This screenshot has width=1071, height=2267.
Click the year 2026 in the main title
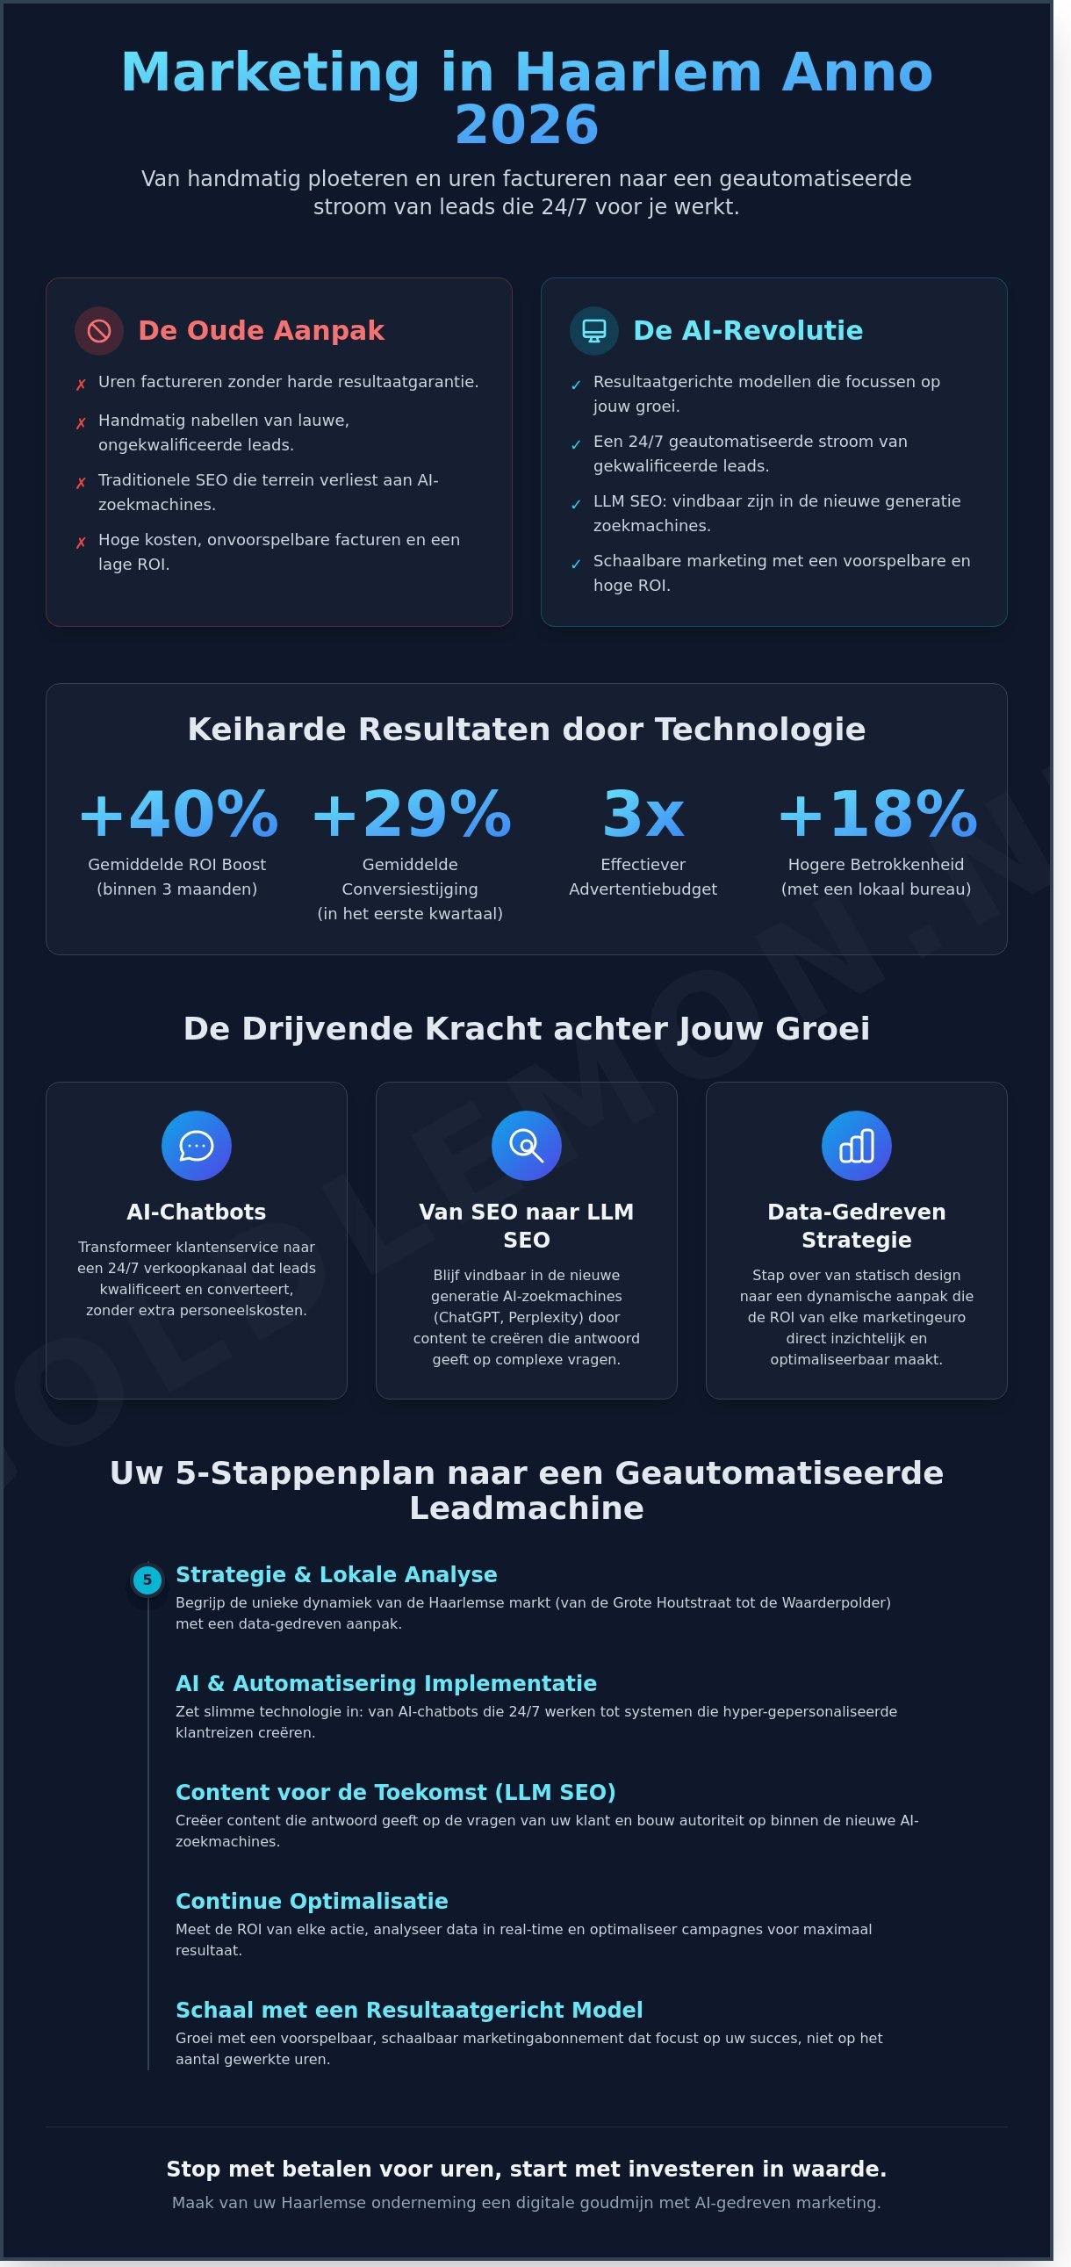coord(526,125)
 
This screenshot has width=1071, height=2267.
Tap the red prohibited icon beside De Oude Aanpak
coord(99,331)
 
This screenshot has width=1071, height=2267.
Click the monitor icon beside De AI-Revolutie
coord(594,331)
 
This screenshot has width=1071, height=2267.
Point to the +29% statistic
coord(411,814)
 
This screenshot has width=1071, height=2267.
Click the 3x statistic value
coord(643,814)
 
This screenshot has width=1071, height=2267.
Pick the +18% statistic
coord(876,814)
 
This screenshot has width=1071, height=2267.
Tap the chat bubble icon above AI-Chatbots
coord(197,1146)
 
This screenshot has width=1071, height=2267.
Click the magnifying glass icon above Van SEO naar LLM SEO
coord(526,1146)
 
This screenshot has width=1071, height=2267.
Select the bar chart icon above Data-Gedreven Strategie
coord(856,1146)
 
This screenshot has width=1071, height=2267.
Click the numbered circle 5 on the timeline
coord(147,1580)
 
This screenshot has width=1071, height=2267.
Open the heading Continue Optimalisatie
coord(312,1901)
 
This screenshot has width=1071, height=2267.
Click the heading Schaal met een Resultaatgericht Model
coord(409,2010)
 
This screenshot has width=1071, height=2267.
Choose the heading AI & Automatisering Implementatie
coord(386,1683)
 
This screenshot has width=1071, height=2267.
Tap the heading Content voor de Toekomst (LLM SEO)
coord(395,1793)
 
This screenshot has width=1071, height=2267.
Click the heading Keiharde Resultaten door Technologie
coord(526,730)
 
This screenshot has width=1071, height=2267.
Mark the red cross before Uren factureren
coord(81,385)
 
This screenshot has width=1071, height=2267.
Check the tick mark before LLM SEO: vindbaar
coord(577,504)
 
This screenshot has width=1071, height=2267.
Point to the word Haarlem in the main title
coord(637,72)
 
